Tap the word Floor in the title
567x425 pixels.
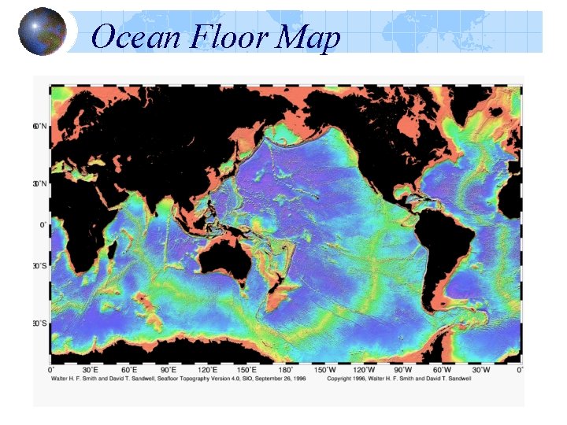click(228, 37)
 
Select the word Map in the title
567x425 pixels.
click(312, 39)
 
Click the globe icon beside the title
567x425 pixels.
click(43, 31)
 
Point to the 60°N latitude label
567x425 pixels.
click(39, 126)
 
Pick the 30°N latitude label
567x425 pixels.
click(39, 183)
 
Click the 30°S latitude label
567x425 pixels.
click(39, 266)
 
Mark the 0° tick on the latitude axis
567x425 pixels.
click(43, 224)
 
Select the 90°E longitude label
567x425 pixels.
click(169, 369)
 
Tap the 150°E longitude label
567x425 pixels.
click(247, 369)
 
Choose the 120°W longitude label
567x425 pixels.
click(363, 369)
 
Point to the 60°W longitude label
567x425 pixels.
click(442, 369)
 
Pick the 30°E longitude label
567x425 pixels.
click(91, 369)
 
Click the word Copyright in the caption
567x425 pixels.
click(343, 378)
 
